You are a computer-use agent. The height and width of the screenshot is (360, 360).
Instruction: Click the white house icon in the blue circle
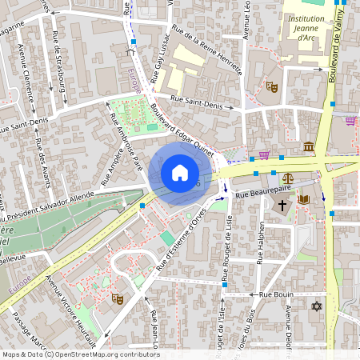coord(180,173)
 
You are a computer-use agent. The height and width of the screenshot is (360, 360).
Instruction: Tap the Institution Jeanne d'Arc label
coord(305,27)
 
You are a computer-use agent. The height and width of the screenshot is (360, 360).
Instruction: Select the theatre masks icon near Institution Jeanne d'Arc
coord(272,84)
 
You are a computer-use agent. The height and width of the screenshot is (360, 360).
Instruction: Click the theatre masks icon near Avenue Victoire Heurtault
coord(117,298)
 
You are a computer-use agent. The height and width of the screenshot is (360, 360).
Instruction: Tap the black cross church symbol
coord(281,206)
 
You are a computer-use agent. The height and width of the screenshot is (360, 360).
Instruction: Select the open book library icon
coord(303,199)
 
